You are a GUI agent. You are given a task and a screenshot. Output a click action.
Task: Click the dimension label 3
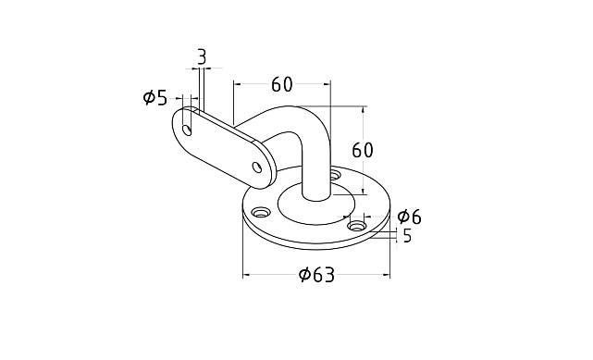[202, 57]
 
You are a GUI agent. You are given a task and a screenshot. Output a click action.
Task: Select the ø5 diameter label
[155, 98]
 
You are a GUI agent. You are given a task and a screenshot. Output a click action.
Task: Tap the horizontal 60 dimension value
[282, 84]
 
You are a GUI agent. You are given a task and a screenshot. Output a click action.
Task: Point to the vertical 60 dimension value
[363, 150]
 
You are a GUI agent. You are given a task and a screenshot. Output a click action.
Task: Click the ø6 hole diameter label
[409, 217]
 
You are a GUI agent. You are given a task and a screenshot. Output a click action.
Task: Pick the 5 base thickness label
[407, 236]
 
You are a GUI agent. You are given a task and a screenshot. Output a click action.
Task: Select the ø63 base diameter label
[316, 275]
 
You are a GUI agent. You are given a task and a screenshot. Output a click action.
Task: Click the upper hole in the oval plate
[187, 130]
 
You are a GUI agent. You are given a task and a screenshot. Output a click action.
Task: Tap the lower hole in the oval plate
[257, 167]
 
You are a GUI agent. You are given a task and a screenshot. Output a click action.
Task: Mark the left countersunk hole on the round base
[261, 213]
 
